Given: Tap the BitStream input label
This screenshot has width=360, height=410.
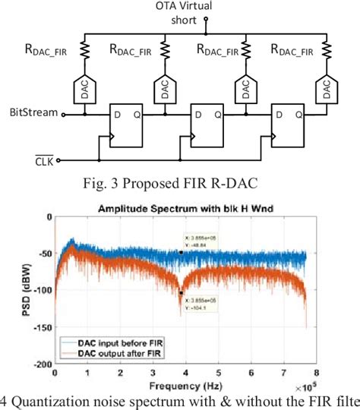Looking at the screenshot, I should click(31, 114).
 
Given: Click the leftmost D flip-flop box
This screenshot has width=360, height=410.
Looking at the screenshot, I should click(128, 125).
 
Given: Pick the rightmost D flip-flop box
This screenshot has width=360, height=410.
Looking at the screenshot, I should click(290, 125).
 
